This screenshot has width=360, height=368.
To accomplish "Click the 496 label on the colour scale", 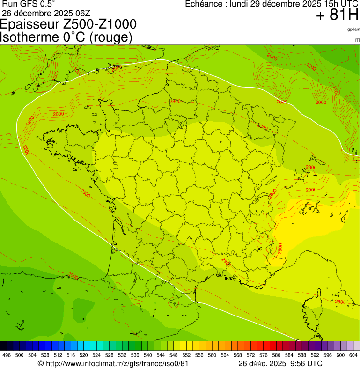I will (7, 355).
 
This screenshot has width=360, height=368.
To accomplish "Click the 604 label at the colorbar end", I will (353, 355).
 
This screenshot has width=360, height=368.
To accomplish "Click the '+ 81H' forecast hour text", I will (337, 15).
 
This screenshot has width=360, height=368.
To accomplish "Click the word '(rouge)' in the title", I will (110, 37).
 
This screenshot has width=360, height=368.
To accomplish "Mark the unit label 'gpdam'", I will (353, 29).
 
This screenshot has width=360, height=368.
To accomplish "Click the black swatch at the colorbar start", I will (3, 346).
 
